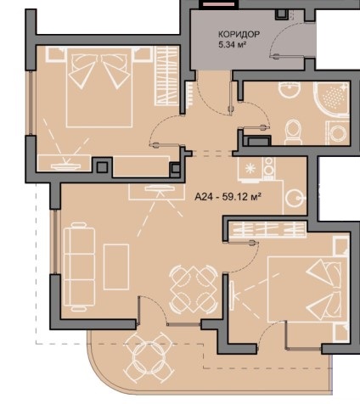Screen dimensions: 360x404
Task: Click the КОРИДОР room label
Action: click(239, 34)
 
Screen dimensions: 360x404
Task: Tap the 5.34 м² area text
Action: click(232, 45)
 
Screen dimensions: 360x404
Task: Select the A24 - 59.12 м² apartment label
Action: click(228, 196)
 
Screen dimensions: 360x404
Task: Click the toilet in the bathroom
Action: click(293, 132)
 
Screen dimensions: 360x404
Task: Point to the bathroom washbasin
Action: click(289, 89)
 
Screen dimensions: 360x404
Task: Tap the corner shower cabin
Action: click(331, 99)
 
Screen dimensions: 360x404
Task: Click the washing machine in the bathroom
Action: click(338, 133)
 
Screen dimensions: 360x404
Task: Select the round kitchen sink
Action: click(295, 198)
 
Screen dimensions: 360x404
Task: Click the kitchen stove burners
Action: click(269, 169)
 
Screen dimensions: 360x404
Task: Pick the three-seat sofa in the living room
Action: click(80, 267)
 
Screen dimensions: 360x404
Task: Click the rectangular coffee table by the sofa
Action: click(116, 267)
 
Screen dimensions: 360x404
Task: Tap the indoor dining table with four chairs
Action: click(194, 289)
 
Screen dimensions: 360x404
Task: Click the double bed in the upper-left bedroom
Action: click(99, 87)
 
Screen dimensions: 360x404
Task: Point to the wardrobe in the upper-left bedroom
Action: click(167, 76)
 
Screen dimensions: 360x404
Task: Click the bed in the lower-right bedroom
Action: click(308, 289)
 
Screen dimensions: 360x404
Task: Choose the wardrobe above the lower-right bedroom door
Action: click(267, 229)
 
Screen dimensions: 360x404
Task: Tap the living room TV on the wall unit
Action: click(160, 188)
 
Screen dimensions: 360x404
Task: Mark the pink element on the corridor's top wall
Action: click(217, 4)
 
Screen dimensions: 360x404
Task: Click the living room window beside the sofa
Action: click(55, 242)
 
